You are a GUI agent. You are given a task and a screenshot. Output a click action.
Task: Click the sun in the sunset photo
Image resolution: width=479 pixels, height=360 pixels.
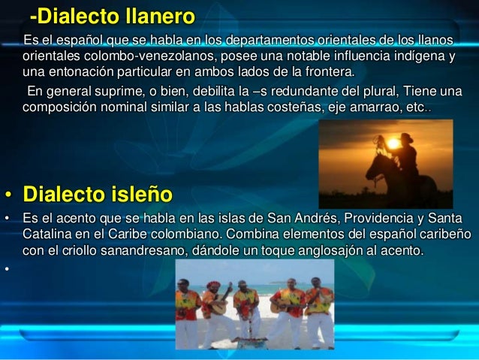pyautogui.click(x=391, y=142)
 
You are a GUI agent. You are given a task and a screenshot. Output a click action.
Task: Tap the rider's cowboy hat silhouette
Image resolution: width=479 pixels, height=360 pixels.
pyautogui.click(x=406, y=137)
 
